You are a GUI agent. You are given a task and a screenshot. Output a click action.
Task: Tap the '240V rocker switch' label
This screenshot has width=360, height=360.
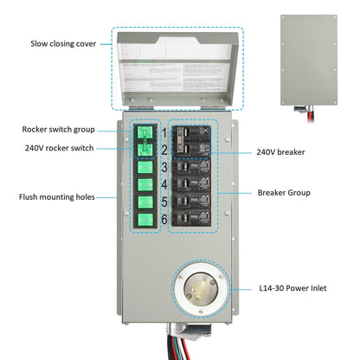pos(61,147)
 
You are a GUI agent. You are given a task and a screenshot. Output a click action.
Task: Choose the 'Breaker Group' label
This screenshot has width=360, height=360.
pos(286,192)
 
